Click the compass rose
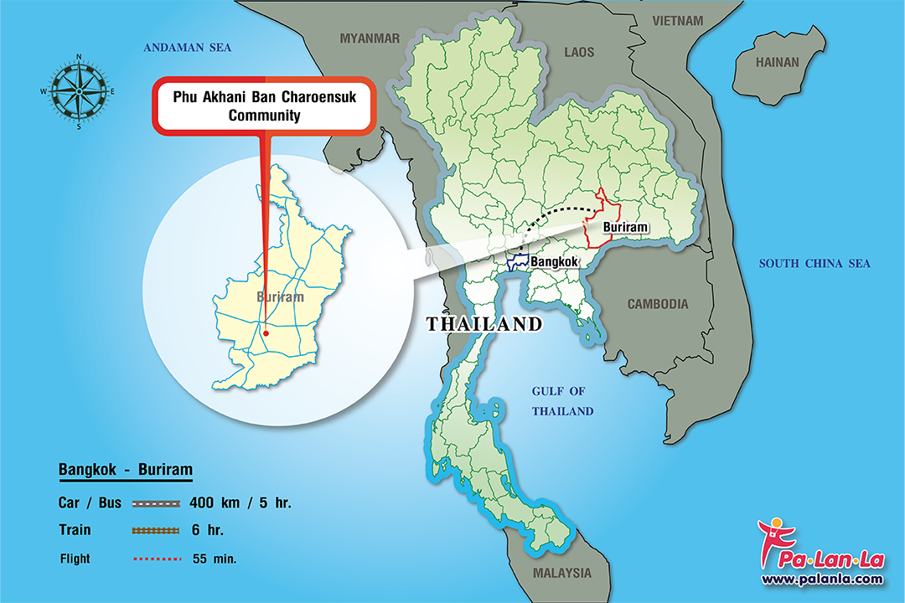(78, 91)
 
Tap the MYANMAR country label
(370, 38)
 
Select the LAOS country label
(579, 52)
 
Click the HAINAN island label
(778, 62)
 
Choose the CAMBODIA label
(658, 304)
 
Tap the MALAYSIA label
(561, 574)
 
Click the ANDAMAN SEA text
(187, 48)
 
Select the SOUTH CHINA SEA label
(814, 264)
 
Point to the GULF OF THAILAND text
(561, 401)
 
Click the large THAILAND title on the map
(484, 325)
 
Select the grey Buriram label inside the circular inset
(279, 297)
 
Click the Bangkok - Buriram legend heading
(126, 470)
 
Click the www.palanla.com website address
(821, 579)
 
